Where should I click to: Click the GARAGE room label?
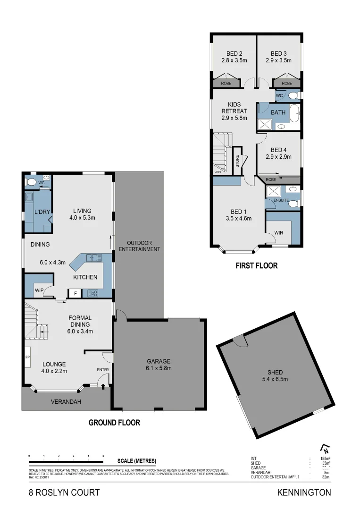(159, 361)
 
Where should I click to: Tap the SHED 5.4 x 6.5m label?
(275, 372)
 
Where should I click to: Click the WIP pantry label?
(38, 289)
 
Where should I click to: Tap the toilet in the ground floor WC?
(31, 181)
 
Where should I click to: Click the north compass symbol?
(324, 449)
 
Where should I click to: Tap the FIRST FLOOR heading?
(256, 266)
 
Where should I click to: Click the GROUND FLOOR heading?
(114, 423)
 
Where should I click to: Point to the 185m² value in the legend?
(325, 459)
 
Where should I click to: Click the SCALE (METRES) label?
(137, 461)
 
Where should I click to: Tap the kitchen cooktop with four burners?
(92, 293)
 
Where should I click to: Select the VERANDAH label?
(66, 402)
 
